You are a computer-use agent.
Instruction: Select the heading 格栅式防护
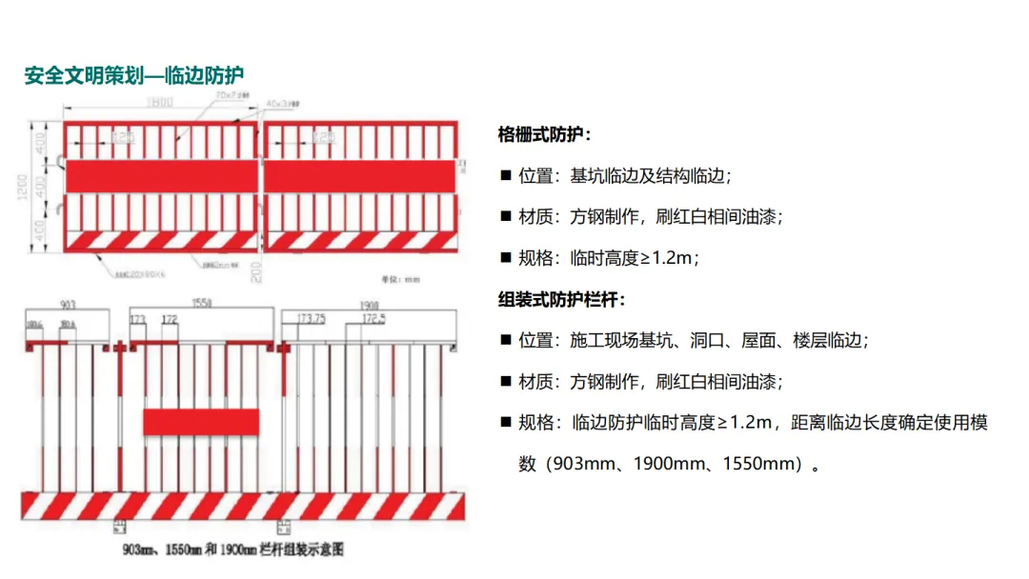544,134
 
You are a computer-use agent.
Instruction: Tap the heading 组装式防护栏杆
561,300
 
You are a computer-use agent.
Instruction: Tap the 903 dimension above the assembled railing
67,305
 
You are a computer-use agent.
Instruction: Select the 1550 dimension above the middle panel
199,304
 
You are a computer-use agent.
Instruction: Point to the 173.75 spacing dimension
313,317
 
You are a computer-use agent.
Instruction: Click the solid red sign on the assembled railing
200,421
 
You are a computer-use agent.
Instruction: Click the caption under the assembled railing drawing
232,549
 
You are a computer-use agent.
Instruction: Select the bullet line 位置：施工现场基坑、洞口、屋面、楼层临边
693,340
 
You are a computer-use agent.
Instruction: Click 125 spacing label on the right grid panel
324,139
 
